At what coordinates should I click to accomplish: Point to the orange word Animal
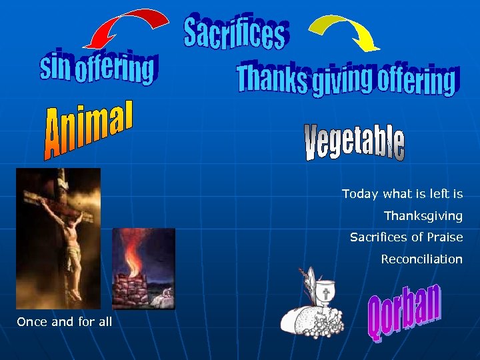point(90,130)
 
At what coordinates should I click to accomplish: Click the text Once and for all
point(64,322)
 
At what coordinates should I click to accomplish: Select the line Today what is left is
point(402,194)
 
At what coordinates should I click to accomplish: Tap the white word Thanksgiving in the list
point(423,216)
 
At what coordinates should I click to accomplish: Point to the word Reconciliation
point(421,259)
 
